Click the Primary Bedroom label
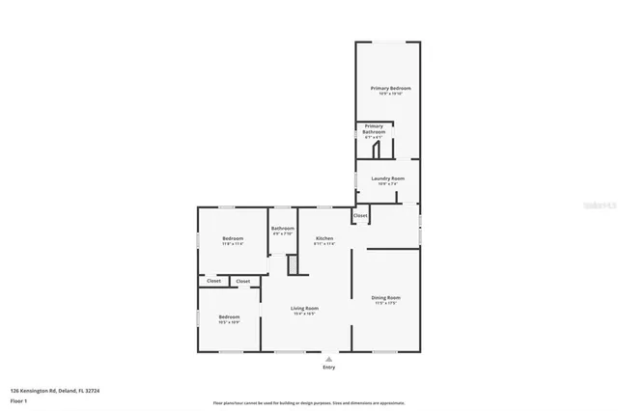pos(387,88)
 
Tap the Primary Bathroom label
pos(374,129)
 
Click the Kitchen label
pos(324,238)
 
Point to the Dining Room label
pos(386,297)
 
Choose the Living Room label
pos(305,308)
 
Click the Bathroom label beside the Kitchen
pos(283,229)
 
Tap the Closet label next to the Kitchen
pos(360,215)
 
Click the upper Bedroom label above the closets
pos(233,238)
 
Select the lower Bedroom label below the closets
pos(229,316)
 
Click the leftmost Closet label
pos(213,281)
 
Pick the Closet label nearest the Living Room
pos(243,281)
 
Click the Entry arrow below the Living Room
pos(329,359)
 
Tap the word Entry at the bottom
pos(329,368)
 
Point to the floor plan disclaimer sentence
pos(309,403)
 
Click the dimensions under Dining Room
pos(386,304)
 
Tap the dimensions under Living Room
pos(305,315)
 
